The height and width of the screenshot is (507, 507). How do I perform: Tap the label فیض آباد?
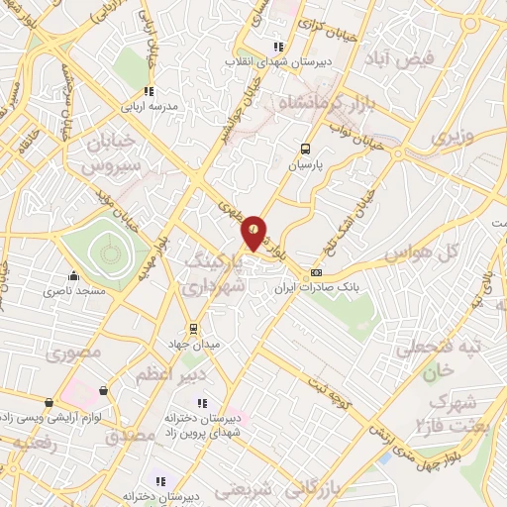coord(400,59)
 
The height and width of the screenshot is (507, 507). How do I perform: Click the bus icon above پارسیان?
coord(305,150)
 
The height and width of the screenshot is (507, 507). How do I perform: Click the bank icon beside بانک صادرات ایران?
coord(316,272)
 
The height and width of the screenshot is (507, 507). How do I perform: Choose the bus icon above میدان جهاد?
coord(194,327)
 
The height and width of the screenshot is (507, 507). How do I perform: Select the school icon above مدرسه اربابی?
coord(149,91)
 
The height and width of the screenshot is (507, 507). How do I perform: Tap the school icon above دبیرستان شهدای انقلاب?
coord(279,46)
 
